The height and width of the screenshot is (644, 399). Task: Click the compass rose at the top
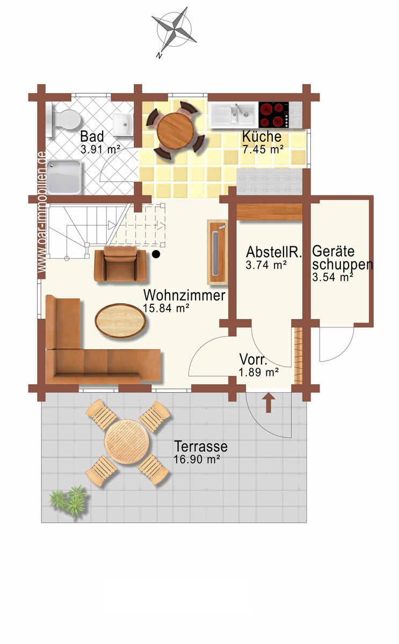point(174,30)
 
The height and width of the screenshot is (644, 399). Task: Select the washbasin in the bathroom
point(123,124)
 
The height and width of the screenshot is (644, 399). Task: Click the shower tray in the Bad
point(64,177)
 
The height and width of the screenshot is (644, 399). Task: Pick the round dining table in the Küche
point(176,130)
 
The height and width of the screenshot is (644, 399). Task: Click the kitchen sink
point(233,115)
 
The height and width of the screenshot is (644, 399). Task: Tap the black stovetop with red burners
point(274,115)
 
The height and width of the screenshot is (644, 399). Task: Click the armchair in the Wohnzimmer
point(120,264)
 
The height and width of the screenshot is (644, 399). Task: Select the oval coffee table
point(120,320)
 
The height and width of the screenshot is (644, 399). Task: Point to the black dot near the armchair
point(156,254)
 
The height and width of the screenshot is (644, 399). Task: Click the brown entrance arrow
point(269,404)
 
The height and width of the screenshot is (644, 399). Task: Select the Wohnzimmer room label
point(184,295)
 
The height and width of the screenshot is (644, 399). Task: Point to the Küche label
point(262,136)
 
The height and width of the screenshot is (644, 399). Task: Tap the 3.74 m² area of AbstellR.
point(266,265)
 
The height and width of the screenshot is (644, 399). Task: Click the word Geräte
point(333,251)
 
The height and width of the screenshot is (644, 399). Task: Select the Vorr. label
point(253,360)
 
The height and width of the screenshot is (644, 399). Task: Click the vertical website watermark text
point(42,212)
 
